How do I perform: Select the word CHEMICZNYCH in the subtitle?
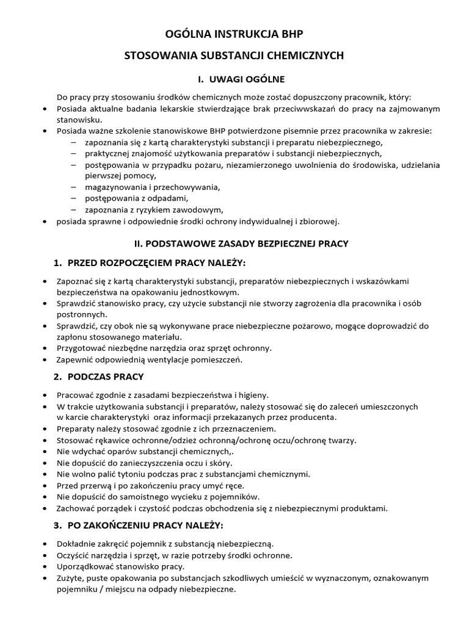pyautogui.click(x=305, y=56)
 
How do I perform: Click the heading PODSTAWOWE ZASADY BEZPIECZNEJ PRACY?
pyautogui.click(x=241, y=243)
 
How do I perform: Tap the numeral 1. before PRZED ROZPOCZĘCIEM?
pyautogui.click(x=58, y=262)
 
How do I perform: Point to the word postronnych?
pyautogui.click(x=82, y=314)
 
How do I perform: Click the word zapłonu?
pyautogui.click(x=71, y=337)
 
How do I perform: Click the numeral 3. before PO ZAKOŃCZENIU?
pyautogui.click(x=58, y=525)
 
